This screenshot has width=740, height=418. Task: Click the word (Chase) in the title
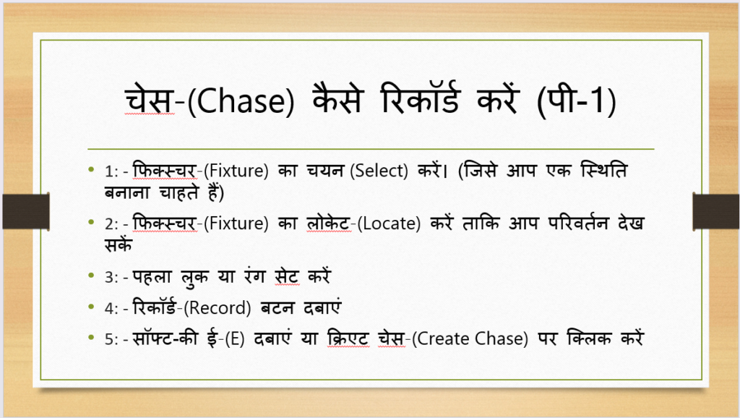click(x=241, y=101)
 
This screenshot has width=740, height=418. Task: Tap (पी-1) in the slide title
click(x=576, y=100)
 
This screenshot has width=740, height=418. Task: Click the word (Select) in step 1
click(x=379, y=171)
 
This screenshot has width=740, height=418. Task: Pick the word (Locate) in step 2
click(x=389, y=223)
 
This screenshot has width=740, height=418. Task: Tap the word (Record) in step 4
click(x=217, y=308)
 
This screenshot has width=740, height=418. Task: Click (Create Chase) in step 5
click(x=470, y=338)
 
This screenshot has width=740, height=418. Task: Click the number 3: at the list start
click(x=111, y=277)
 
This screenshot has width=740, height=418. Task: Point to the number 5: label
click(x=111, y=339)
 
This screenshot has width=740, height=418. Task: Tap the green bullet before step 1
click(x=92, y=169)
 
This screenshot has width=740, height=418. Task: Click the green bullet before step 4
click(x=92, y=307)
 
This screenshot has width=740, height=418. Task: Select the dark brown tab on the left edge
click(x=26, y=211)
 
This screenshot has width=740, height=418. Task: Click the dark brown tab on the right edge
click(x=716, y=211)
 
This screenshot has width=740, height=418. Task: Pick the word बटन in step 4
click(x=277, y=308)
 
